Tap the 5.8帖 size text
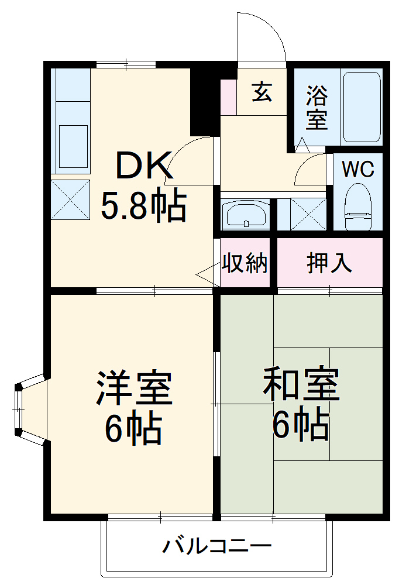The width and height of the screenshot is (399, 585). [143, 206]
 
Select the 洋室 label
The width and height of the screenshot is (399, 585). [135, 387]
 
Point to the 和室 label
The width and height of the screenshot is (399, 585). [301, 384]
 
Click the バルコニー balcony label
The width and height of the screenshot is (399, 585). [217, 548]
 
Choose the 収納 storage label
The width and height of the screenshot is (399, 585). [245, 264]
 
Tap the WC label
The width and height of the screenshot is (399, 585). [357, 169]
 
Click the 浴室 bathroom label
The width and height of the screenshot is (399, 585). [317, 108]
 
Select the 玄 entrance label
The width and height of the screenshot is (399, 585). [262, 92]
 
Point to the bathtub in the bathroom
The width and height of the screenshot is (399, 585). [362, 107]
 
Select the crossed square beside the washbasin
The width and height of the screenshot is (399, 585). [308, 214]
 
